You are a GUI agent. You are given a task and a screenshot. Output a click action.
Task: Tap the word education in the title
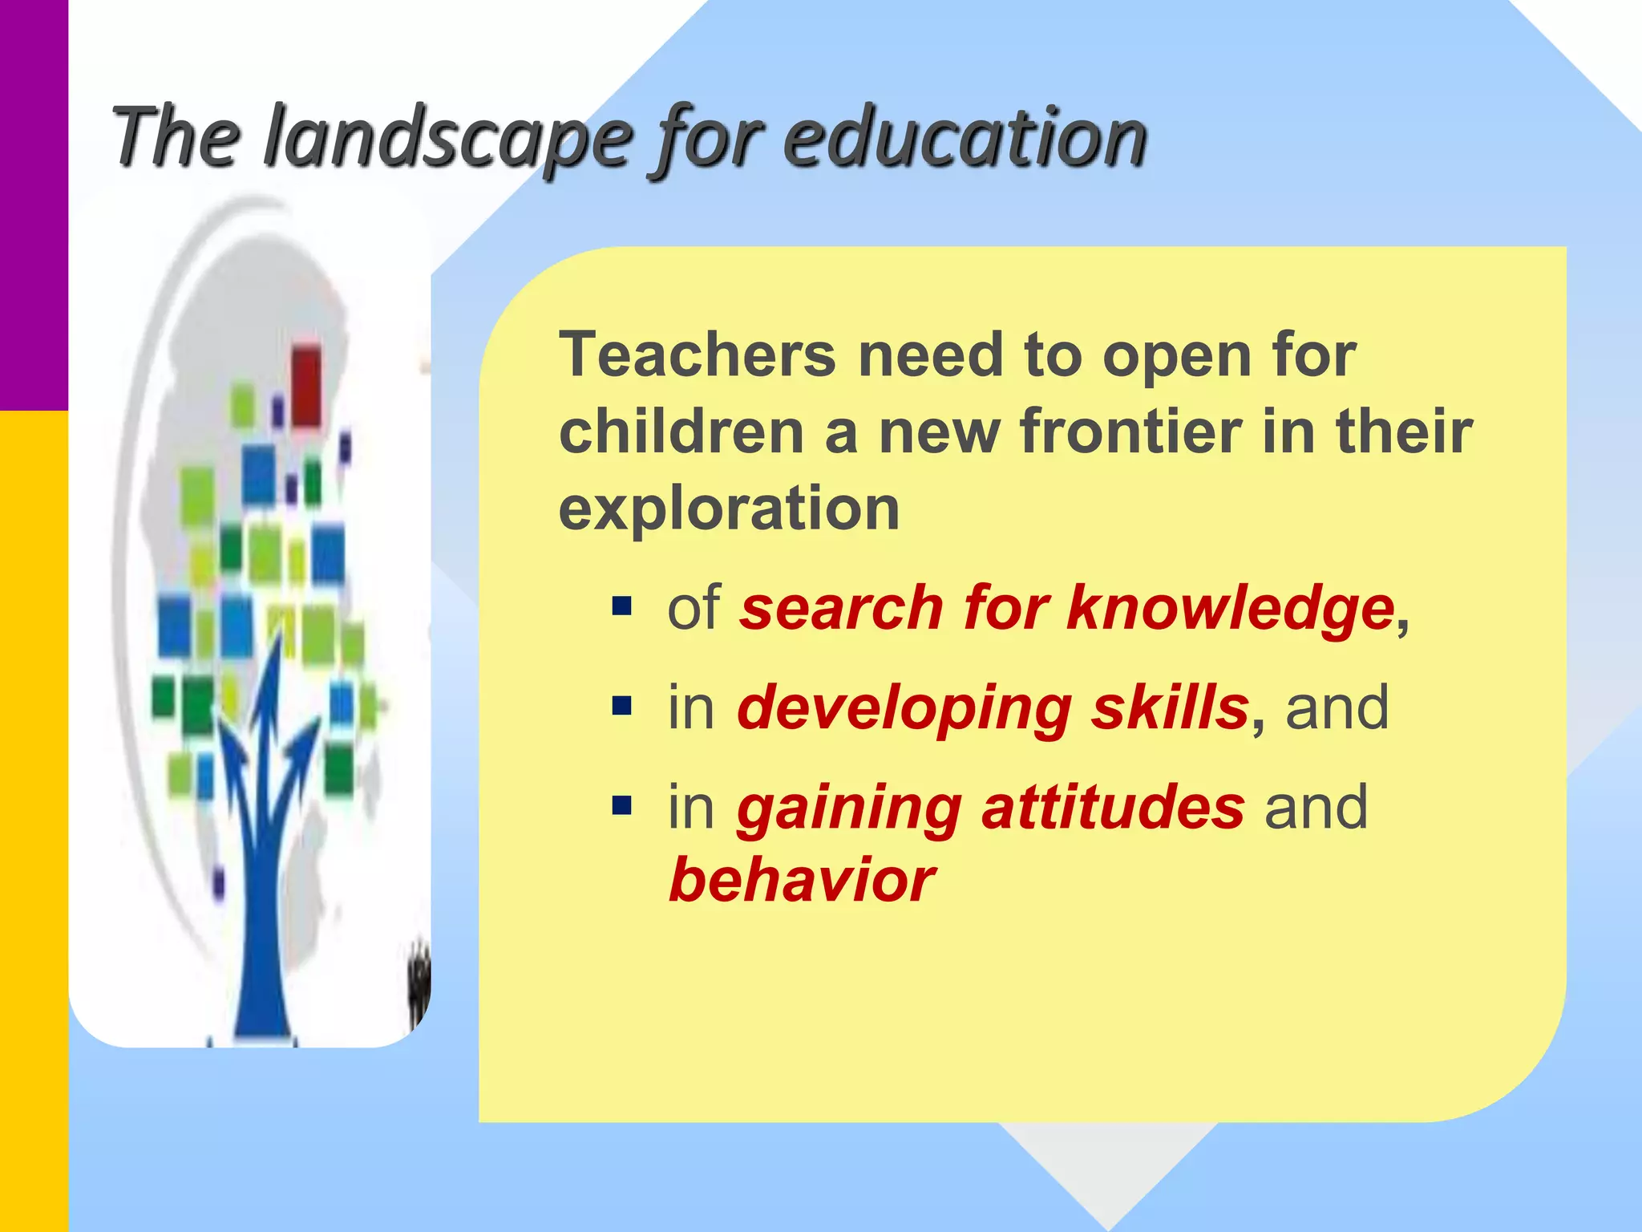click(x=965, y=138)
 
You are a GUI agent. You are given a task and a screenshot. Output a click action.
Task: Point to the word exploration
click(x=729, y=509)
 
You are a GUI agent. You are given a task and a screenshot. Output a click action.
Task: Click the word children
click(x=681, y=431)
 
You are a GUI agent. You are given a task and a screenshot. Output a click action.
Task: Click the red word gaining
click(x=849, y=807)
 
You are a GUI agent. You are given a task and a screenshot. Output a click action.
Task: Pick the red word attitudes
click(x=1113, y=807)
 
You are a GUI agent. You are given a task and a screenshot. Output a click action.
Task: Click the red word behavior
click(x=801, y=880)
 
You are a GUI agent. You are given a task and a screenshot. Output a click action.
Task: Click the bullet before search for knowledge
click(x=621, y=606)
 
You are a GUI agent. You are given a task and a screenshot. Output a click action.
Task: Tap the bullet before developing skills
click(x=621, y=706)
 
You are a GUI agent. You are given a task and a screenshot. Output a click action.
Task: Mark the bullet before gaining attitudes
click(x=621, y=804)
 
